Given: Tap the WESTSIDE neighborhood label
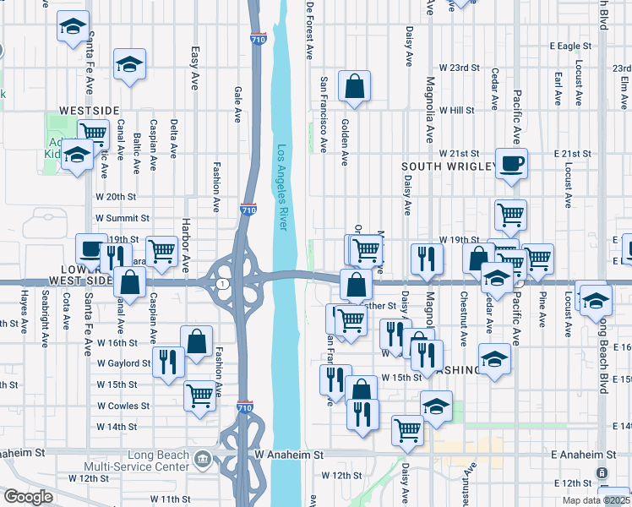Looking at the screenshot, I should (x=89, y=111).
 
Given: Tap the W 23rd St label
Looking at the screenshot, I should (x=459, y=68).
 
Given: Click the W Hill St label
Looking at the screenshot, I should (x=456, y=111).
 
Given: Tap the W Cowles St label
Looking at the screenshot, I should (x=123, y=406).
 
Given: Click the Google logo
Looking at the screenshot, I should (x=28, y=497).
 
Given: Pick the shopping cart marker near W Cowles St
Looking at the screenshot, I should (x=200, y=394).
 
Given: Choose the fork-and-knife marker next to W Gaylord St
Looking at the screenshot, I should (x=169, y=362).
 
